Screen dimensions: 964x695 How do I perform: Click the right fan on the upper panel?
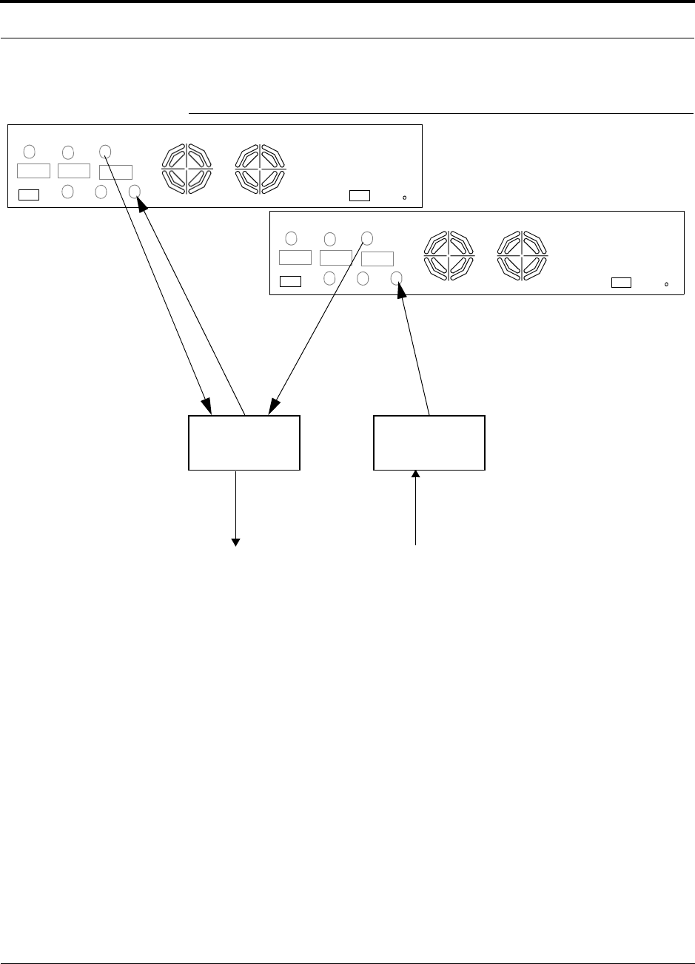261,169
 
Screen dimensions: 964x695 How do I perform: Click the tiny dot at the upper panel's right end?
404,198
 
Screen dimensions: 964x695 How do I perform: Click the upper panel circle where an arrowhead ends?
135,192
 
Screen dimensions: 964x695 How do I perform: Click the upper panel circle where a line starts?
105,152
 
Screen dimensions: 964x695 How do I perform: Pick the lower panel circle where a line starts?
366,238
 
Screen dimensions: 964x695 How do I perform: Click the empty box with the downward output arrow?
244,442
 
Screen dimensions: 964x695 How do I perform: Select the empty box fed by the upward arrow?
429,442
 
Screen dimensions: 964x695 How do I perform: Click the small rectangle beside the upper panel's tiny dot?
360,195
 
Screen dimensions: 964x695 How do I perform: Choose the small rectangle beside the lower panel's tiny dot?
622,282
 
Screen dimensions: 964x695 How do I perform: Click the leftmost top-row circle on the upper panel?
30,152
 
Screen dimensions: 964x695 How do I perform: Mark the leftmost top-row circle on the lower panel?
292,238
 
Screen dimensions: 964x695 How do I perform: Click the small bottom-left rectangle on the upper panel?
29,195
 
